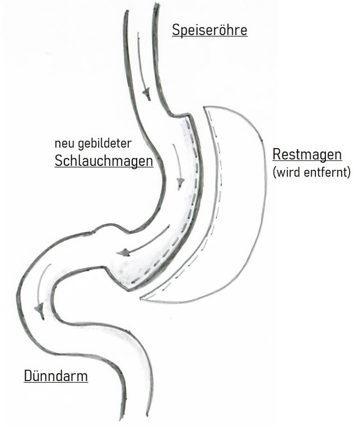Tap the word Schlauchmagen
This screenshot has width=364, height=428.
(104, 161)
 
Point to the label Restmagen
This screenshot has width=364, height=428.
(306, 155)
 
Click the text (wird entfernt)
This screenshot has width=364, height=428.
(311, 172)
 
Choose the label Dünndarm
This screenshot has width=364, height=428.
(55, 375)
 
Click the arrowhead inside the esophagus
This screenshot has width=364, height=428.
(147, 94)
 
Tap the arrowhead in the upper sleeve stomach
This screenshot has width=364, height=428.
(180, 183)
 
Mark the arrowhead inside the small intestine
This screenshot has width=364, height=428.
(39, 308)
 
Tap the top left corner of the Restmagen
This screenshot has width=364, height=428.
(205, 107)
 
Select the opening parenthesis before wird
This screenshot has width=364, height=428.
(274, 172)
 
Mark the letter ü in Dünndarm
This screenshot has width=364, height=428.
(37, 375)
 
